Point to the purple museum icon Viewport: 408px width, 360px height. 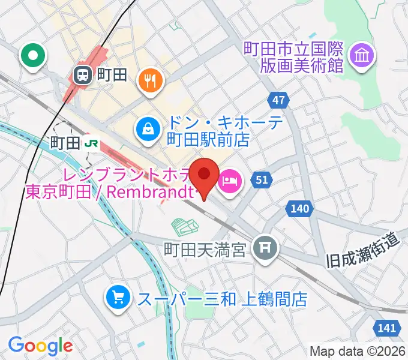pos(363,56)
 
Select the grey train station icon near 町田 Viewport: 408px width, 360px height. pos(82,75)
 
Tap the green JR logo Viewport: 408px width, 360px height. pos(92,143)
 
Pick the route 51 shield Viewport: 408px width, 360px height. pos(262,179)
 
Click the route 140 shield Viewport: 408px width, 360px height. pos(302,209)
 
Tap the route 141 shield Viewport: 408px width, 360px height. pos(388,328)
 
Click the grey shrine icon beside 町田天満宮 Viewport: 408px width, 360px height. pos(264,246)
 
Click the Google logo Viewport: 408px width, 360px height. pos(40,345)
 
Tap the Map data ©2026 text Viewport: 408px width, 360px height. pos(358,351)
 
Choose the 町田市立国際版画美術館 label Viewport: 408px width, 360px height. pos(293,56)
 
